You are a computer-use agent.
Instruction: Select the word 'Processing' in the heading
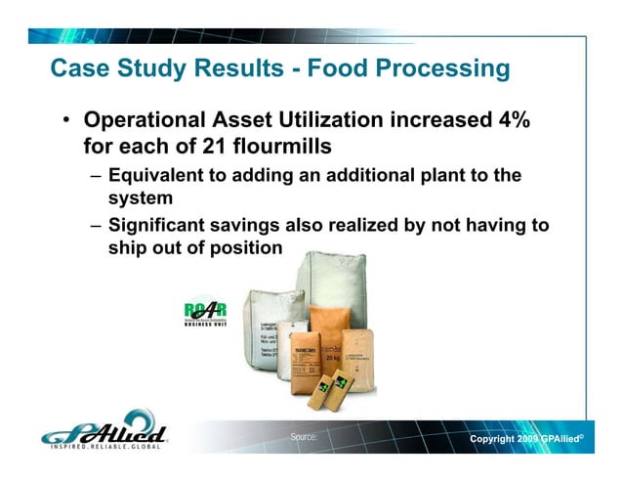pyautogui.click(x=440, y=70)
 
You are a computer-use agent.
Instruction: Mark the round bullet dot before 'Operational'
pyautogui.click(x=66, y=123)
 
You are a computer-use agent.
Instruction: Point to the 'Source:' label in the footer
pyautogui.click(x=303, y=436)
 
